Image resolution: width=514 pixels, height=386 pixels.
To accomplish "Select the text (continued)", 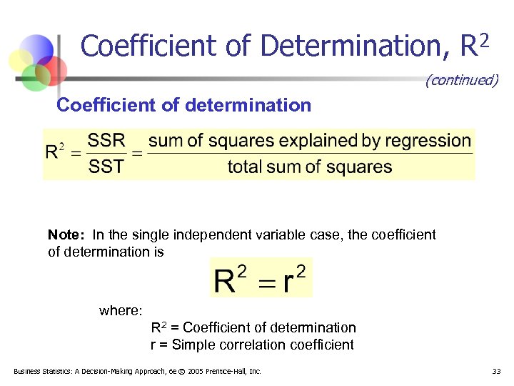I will [x=461, y=80].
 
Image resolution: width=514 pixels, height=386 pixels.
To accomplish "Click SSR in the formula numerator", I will [x=106, y=140].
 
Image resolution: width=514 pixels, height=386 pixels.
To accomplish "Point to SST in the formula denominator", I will [x=106, y=167].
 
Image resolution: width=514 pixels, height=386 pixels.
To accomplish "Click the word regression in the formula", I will [x=430, y=141].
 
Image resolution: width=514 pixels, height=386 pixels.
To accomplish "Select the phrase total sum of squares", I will [x=310, y=167].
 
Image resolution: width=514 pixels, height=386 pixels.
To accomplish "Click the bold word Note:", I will [x=66, y=234].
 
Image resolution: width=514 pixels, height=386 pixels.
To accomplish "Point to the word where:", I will [x=121, y=310].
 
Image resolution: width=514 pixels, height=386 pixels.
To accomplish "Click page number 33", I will [x=497, y=371].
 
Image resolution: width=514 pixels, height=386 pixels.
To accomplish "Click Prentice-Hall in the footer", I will [x=230, y=371].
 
